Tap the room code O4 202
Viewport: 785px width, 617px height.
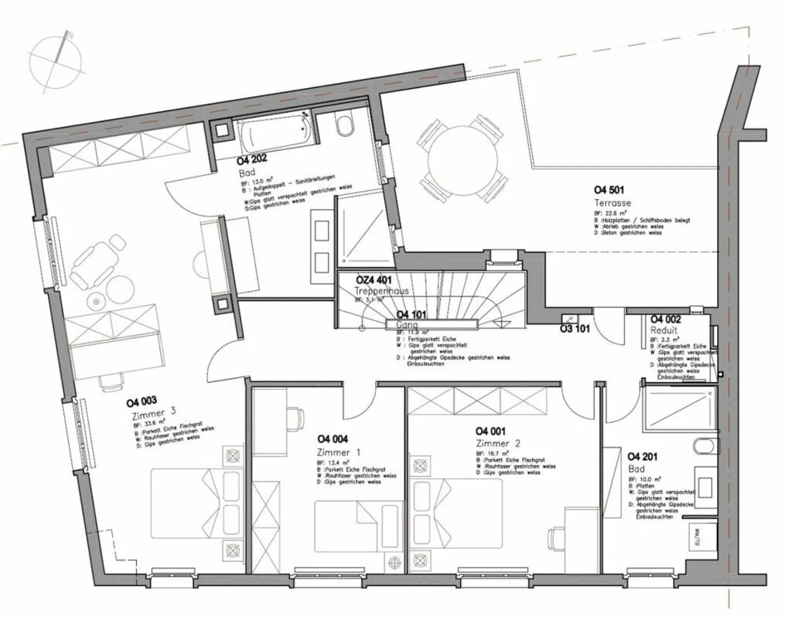[x=252, y=161]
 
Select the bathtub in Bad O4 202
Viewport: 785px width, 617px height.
[x=276, y=135]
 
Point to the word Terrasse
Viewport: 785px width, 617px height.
[x=612, y=203]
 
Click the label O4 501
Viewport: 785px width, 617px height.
[x=609, y=190]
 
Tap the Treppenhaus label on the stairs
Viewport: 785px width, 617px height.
[x=382, y=291]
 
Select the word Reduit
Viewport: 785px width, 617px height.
[x=663, y=331]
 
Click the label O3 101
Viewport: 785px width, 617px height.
[x=575, y=329]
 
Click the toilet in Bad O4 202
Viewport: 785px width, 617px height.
[x=345, y=126]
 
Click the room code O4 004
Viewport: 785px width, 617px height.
[x=333, y=439]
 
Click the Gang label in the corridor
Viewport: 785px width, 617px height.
[x=407, y=325]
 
